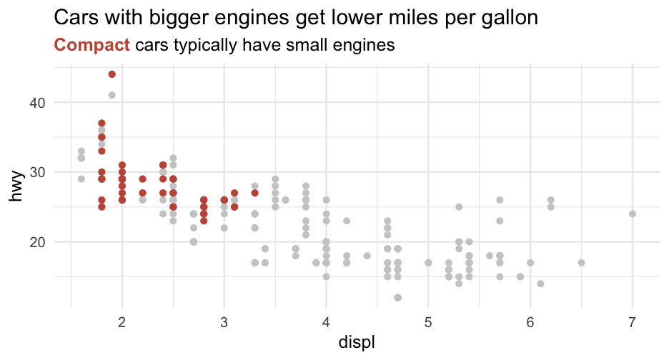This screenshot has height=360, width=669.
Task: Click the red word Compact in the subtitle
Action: [x=92, y=46]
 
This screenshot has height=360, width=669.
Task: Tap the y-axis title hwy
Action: [x=17, y=184]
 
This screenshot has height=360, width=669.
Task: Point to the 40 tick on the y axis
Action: [x=37, y=102]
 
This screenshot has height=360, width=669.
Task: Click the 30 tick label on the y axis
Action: [x=37, y=172]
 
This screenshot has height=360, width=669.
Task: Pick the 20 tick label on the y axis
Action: [x=37, y=241]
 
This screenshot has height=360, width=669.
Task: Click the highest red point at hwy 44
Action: [x=112, y=74]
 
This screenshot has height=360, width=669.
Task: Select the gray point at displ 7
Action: [x=632, y=214]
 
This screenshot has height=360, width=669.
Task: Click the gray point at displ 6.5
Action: [x=581, y=263]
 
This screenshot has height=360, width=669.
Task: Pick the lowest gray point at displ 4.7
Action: [x=397, y=297]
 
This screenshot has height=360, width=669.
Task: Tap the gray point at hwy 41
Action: [x=112, y=95]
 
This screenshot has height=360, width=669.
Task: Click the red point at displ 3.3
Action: [x=254, y=193]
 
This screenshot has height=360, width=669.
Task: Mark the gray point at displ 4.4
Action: [x=367, y=256]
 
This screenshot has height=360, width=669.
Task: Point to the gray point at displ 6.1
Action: [x=540, y=284]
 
